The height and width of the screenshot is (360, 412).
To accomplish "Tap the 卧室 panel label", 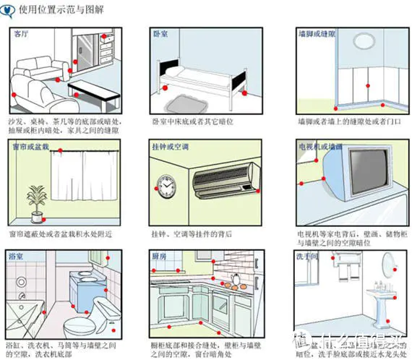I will tap(160, 34).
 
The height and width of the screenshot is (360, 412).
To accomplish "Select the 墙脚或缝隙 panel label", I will tap(317, 34).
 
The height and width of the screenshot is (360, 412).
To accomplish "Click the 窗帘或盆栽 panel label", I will tap(30, 147).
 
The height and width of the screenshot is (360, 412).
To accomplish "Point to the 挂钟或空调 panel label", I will tap(171, 147).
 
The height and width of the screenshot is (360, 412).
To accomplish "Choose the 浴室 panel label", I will tap(16, 256).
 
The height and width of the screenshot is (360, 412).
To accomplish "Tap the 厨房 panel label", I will tap(160, 256).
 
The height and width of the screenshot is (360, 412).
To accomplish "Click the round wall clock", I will tap(166, 187).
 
